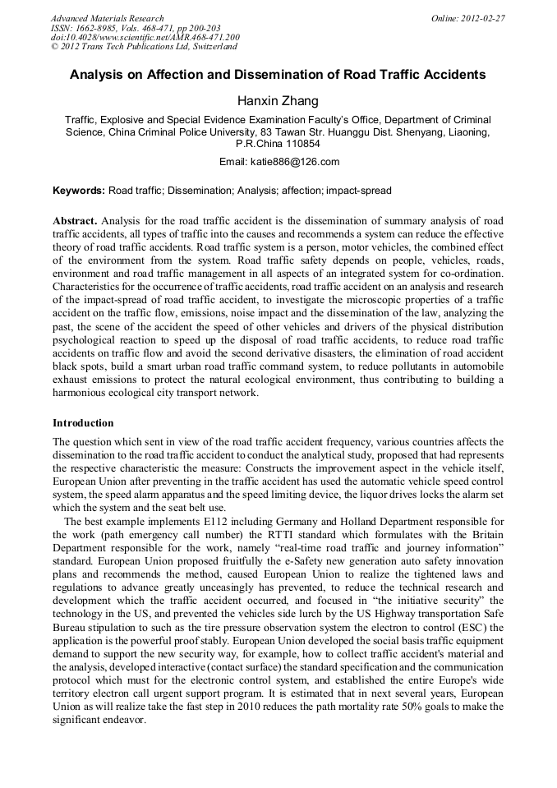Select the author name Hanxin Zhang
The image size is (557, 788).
point(278,101)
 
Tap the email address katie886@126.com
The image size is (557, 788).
point(297,162)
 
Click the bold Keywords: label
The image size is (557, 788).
point(79,191)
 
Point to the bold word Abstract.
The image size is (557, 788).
point(75,222)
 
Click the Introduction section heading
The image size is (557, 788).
point(83,423)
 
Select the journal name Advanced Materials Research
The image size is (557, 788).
point(107,18)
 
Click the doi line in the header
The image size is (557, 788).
point(145,38)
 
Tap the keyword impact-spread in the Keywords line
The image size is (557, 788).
point(359,191)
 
